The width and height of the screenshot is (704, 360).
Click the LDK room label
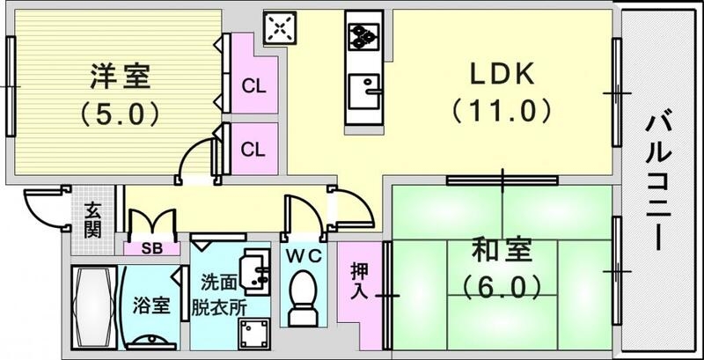tap(502, 74)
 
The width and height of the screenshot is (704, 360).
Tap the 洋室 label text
tap(121, 77)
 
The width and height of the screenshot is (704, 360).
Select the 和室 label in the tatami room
tap(502, 251)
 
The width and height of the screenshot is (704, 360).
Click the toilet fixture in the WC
tap(303, 298)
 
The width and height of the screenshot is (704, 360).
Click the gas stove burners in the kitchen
tap(363, 36)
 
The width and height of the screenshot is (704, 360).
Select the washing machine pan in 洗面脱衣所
tap(254, 334)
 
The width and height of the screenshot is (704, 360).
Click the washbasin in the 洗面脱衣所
tap(254, 269)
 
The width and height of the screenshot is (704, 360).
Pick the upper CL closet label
tap(253, 86)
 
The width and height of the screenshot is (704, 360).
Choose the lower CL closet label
tap(253, 150)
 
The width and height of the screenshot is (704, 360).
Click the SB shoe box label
tap(151, 249)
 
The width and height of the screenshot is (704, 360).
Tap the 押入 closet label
tap(360, 282)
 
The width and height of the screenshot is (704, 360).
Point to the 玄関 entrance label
tap(92, 221)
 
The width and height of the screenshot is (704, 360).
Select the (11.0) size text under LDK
tap(502, 111)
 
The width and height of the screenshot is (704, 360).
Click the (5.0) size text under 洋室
tap(121, 114)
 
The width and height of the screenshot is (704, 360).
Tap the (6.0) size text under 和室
tap(502, 287)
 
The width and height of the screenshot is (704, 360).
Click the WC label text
tap(304, 256)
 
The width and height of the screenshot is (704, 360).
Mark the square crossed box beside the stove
tap(280, 29)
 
